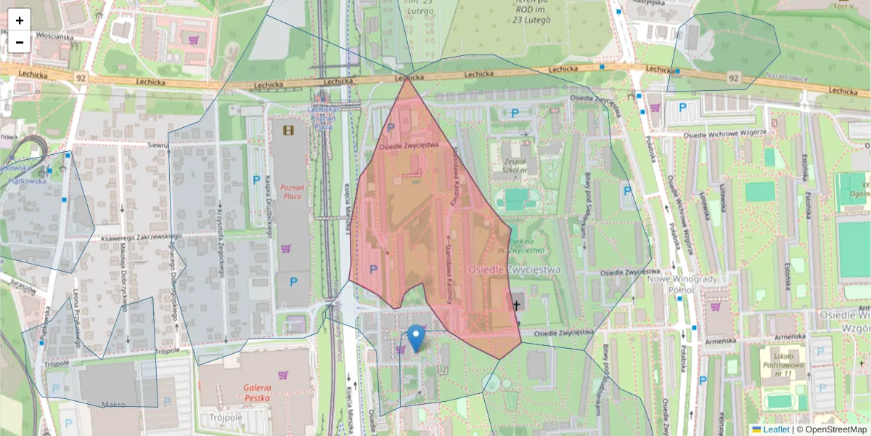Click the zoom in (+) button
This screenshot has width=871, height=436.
(19, 20)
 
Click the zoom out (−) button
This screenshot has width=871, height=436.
(19, 42)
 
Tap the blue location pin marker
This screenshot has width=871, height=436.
(415, 338)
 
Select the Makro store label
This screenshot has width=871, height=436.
(113, 405)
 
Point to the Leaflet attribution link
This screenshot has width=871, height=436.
(776, 429)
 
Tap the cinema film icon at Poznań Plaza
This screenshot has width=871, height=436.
(290, 130)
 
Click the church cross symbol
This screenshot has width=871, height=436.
(517, 305)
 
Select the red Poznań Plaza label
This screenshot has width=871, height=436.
(292, 192)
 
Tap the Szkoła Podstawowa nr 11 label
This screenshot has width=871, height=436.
(782, 364)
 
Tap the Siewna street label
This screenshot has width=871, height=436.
(158, 145)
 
